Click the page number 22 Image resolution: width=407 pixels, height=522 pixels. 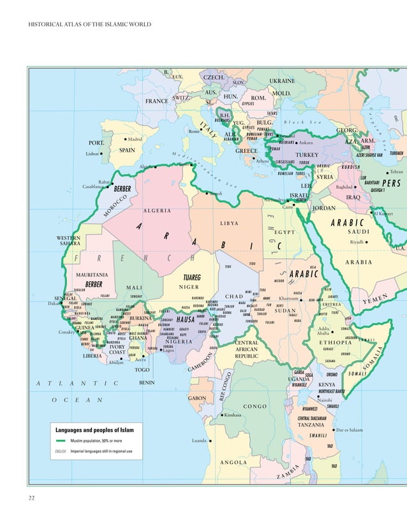pyautogui.click(x=31, y=497)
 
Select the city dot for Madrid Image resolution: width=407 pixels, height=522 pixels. pyautogui.click(x=125, y=138)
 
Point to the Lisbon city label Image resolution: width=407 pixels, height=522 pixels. pyautogui.click(x=93, y=154)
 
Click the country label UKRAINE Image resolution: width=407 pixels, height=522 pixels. pyautogui.click(x=283, y=82)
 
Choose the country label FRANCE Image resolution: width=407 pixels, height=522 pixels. pyautogui.click(x=156, y=101)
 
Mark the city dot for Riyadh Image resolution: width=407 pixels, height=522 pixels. pyautogui.click(x=368, y=242)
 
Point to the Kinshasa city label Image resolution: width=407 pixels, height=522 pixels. pyautogui.click(x=233, y=415)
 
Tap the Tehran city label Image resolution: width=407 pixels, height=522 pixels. pyautogui.click(x=397, y=173)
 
